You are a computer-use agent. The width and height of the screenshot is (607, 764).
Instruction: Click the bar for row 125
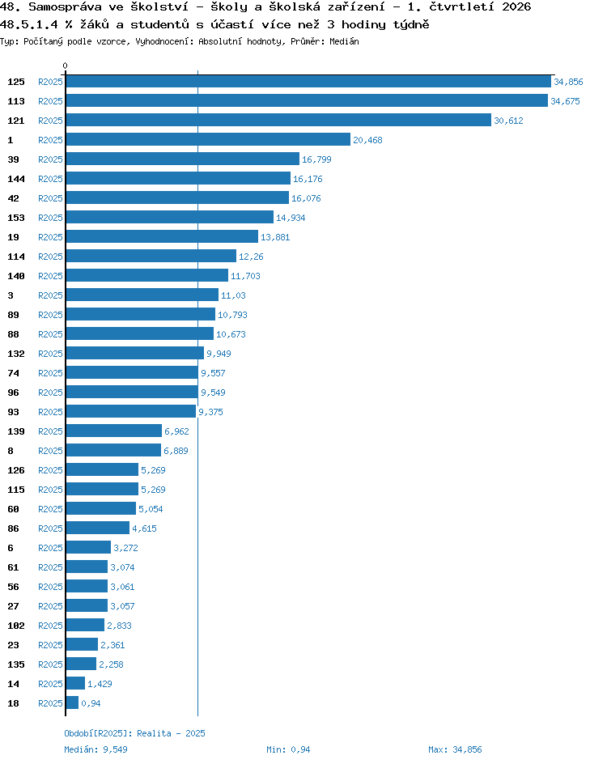point(308,82)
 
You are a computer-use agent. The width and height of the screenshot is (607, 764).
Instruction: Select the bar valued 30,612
point(278,120)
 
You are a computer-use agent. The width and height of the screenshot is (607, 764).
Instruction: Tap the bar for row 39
point(183,159)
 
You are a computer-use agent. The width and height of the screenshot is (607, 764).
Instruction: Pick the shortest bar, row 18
point(72,702)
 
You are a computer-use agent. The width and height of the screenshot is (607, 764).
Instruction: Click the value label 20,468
point(367,140)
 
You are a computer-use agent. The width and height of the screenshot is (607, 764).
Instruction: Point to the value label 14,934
point(291,218)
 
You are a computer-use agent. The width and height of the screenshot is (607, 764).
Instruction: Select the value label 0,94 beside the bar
point(91,703)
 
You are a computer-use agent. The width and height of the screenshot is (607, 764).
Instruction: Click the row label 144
point(16,179)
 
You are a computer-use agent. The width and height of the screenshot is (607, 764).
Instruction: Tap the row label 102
point(16,626)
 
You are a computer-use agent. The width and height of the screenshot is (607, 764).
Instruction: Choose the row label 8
point(11,451)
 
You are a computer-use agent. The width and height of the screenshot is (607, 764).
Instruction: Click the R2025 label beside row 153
point(51,218)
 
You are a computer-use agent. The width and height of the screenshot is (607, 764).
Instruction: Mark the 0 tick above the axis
point(66,66)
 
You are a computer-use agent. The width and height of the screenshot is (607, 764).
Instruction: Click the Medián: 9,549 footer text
point(96,749)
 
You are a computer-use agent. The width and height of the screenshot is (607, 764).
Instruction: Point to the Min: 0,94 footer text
point(288,749)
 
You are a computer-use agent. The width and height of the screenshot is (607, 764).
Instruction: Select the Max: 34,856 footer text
point(455,749)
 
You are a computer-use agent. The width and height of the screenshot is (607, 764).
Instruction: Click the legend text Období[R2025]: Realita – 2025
point(135,733)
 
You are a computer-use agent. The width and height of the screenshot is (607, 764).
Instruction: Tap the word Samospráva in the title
point(66,6)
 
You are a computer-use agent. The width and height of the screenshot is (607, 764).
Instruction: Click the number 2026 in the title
point(516,6)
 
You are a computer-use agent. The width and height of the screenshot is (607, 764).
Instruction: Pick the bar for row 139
point(114,431)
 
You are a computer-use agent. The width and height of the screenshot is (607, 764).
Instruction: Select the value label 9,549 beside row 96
point(214,393)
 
